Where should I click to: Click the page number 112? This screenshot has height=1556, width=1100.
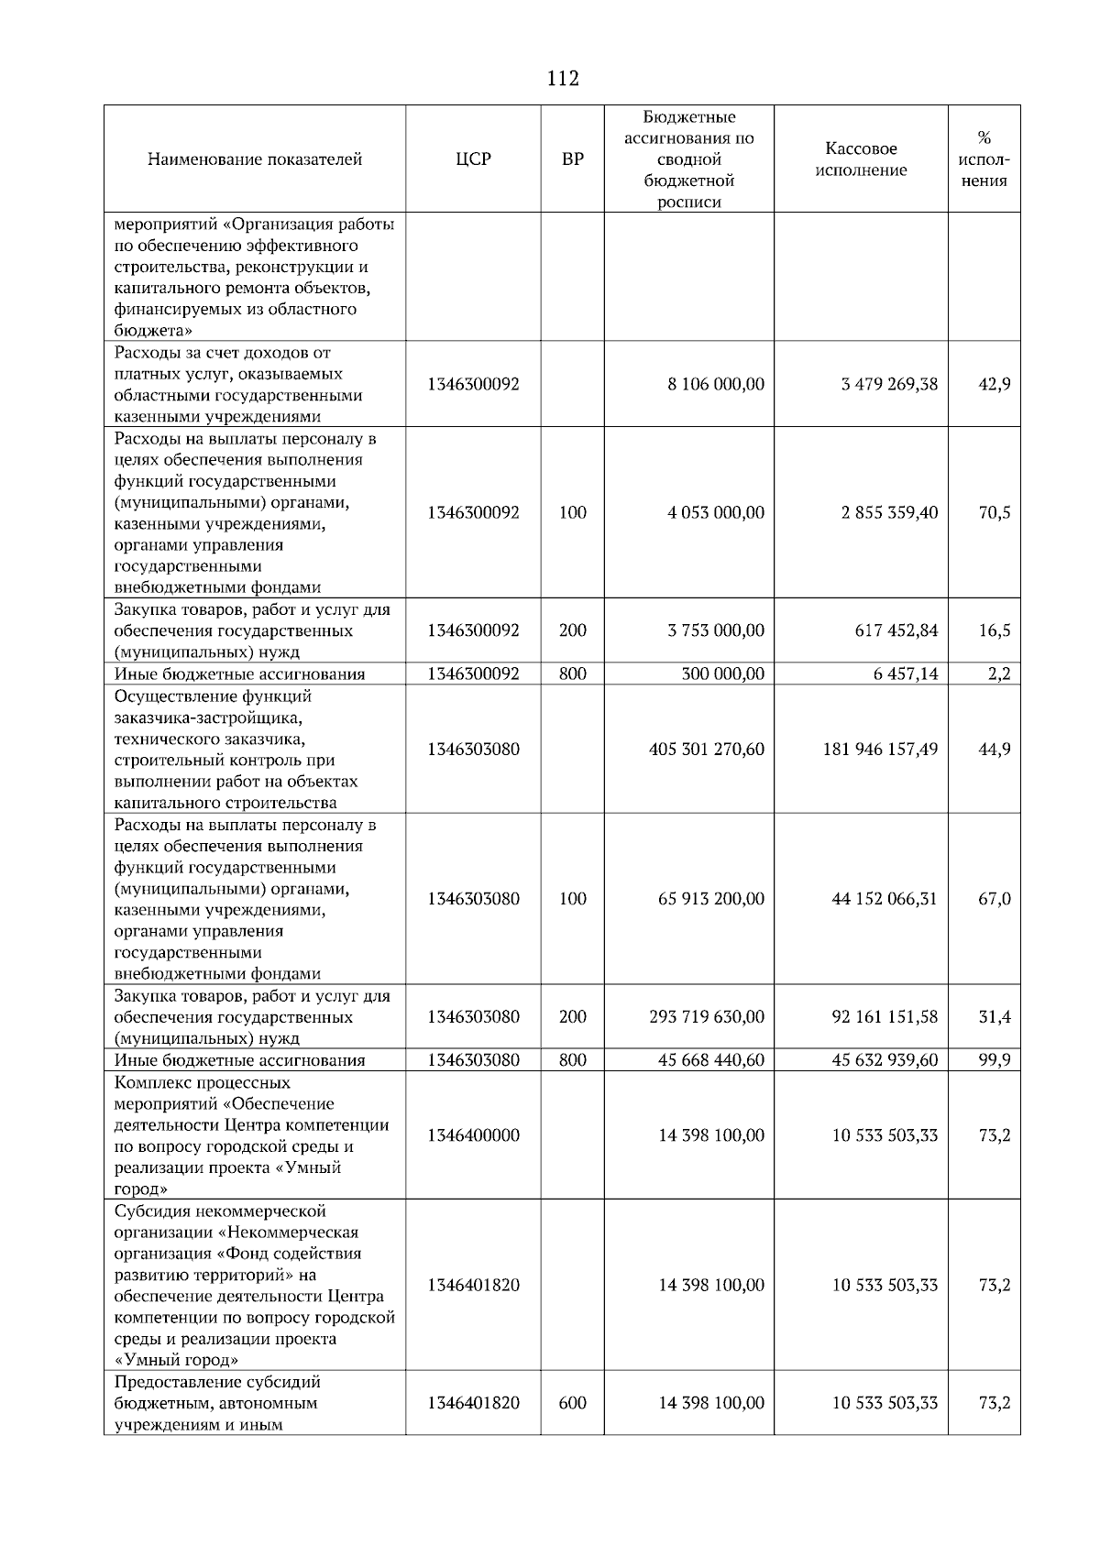[563, 79]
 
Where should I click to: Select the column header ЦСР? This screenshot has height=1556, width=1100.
[473, 159]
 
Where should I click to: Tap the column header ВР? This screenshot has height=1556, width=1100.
[572, 159]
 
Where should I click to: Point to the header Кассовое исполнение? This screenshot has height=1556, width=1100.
[861, 159]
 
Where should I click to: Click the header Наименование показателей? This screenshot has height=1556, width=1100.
[255, 159]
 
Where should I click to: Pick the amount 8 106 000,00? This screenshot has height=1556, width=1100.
[716, 384]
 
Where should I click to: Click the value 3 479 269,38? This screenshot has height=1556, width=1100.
[889, 384]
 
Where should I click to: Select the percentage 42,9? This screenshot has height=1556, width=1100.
[995, 384]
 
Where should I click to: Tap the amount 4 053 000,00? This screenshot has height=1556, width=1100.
[716, 512]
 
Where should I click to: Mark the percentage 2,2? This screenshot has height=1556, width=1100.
[999, 674]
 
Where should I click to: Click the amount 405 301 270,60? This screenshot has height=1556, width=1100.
[707, 750]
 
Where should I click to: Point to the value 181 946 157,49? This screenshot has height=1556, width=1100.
[880, 750]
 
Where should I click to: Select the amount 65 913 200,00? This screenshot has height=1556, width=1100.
[711, 899]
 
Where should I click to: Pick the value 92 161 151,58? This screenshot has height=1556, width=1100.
[885, 1017]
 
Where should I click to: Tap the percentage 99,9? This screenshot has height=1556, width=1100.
[995, 1060]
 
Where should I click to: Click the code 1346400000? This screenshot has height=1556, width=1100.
[473, 1135]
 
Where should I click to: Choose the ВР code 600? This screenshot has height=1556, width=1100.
[572, 1403]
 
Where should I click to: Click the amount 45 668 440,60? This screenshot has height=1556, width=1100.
[711, 1060]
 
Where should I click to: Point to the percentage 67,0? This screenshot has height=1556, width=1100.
[995, 899]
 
